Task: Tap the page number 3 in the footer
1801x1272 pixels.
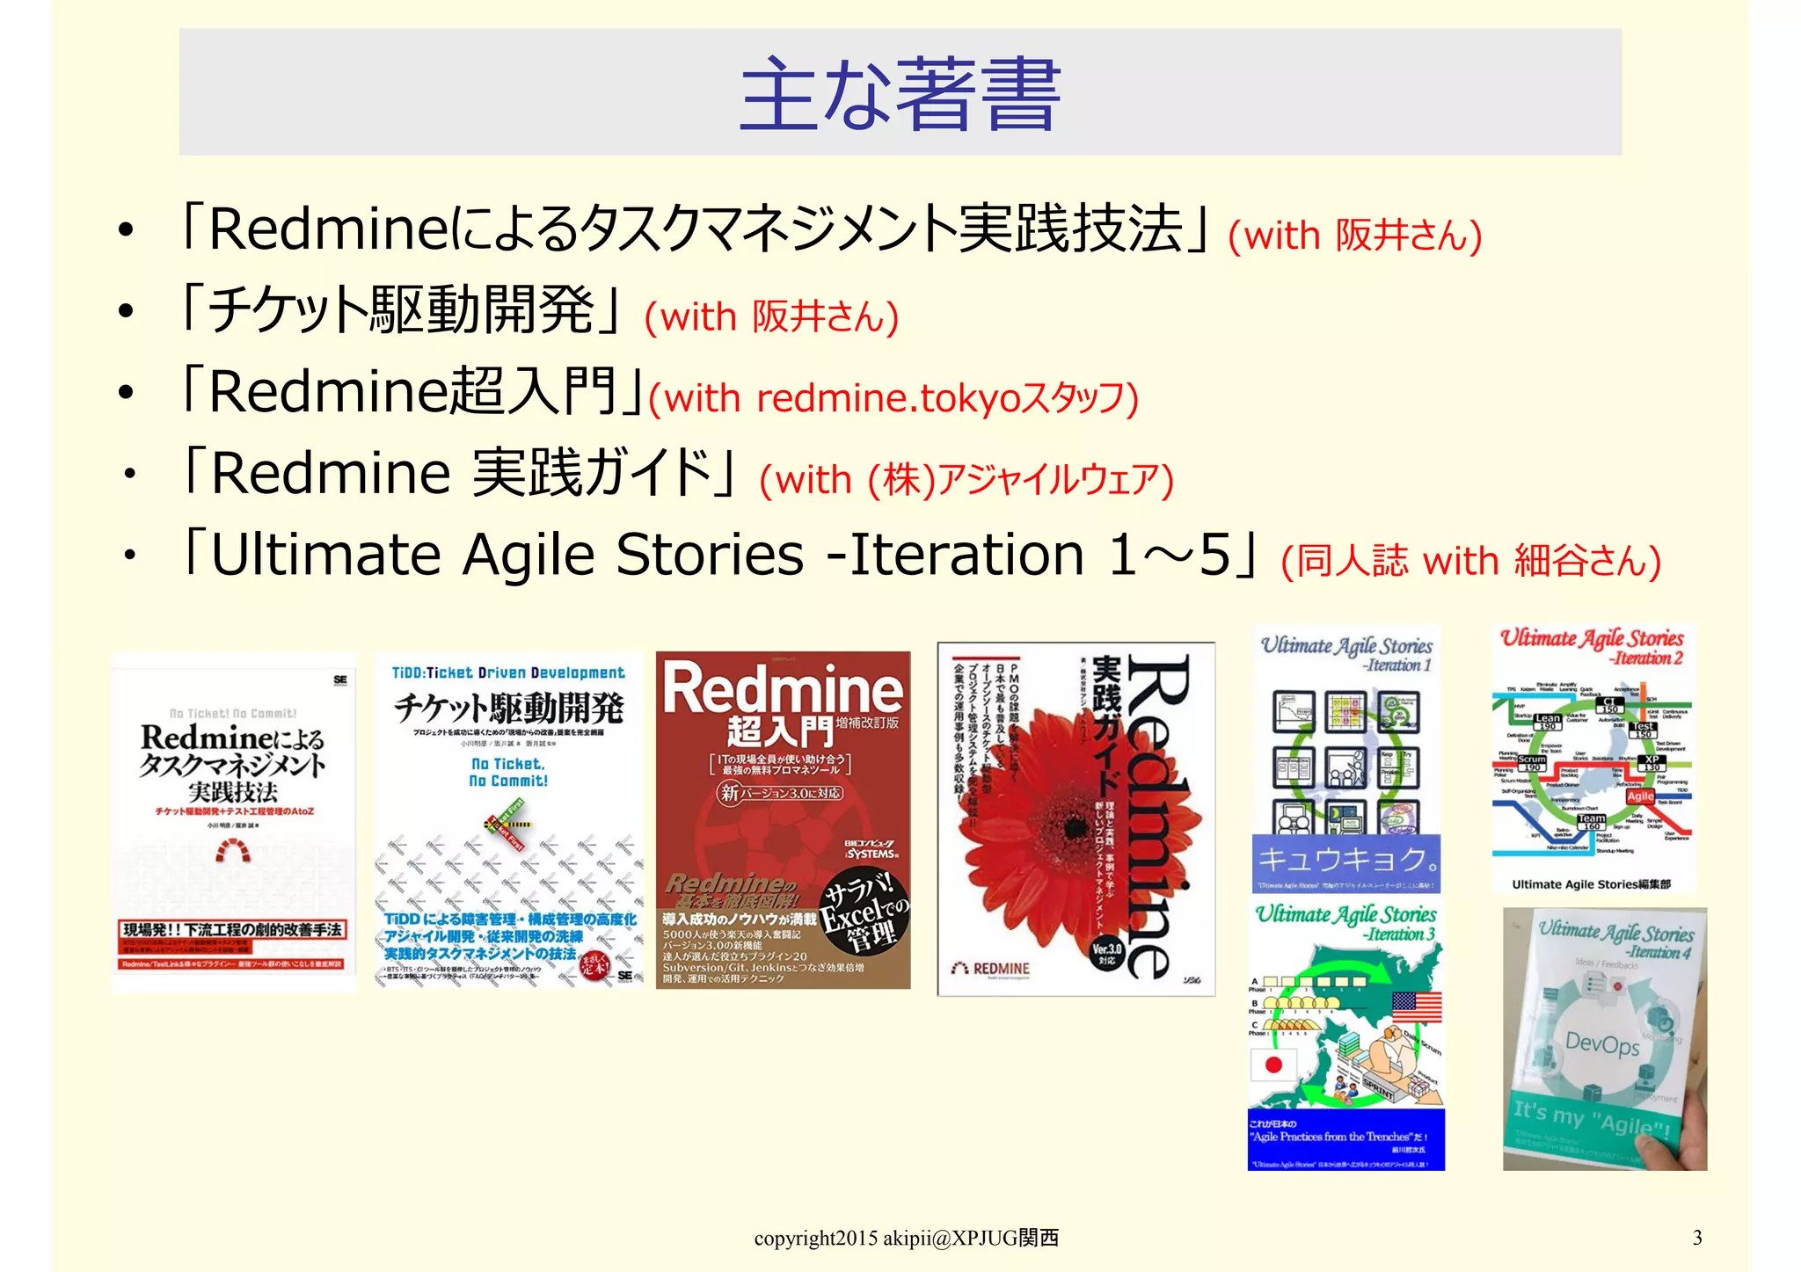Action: (x=1696, y=1238)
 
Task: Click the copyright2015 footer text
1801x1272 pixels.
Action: (x=906, y=1239)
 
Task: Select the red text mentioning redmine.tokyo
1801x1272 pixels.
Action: (x=893, y=399)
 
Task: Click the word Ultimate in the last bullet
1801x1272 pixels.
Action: (x=325, y=556)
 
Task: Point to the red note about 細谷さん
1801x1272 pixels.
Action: (x=1470, y=561)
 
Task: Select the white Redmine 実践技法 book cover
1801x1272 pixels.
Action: (x=234, y=823)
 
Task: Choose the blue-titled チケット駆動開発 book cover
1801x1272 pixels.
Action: (x=508, y=823)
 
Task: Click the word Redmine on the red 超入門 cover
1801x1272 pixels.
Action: (x=783, y=690)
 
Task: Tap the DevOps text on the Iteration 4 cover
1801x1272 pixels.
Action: (x=1602, y=1044)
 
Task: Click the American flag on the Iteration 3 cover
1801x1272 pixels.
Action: (x=1416, y=1007)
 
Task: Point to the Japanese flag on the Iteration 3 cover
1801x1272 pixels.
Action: (x=1272, y=1065)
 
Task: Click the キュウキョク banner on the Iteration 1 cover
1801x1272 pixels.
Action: (x=1345, y=858)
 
